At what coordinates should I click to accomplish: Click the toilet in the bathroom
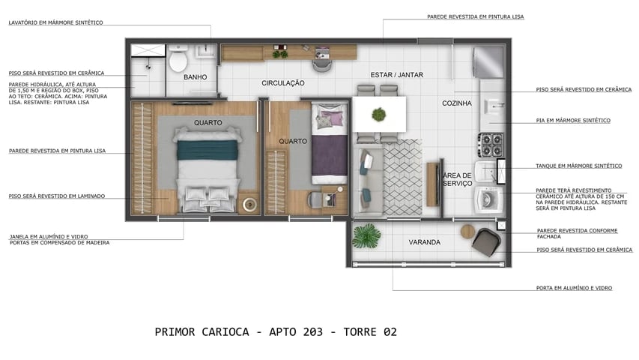pos(178,58)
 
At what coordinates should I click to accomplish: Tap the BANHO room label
pos(195,76)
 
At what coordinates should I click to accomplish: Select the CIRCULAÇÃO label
pos(282,82)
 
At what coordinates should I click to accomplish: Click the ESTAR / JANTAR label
pos(396,75)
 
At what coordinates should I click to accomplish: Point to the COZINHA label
pos(456,103)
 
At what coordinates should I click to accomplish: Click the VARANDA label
pos(424,242)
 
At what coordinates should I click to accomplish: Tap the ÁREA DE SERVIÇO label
pos(456,180)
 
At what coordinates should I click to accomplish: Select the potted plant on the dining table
pos(379,115)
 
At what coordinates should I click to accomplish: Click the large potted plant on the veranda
pos(366,235)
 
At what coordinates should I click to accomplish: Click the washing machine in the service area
pos(488,199)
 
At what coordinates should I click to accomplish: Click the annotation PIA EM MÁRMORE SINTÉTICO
pos(572,120)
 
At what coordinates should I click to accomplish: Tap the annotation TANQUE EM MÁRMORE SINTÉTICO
pos(578,166)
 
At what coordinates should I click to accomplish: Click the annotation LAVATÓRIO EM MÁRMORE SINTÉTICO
pos(56,22)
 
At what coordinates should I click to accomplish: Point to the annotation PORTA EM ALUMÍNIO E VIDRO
pos(574,288)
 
